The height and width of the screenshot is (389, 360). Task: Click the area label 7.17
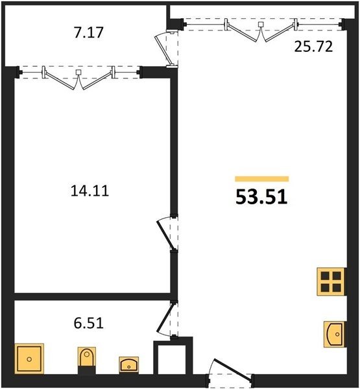click(x=88, y=32)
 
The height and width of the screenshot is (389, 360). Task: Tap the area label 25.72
click(x=313, y=47)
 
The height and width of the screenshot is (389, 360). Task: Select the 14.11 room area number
click(x=90, y=191)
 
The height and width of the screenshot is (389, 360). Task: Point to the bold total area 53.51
click(x=261, y=196)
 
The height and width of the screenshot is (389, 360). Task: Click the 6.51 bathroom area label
click(x=88, y=324)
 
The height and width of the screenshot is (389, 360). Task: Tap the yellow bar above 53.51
click(x=262, y=179)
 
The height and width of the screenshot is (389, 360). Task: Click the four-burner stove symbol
click(x=331, y=281)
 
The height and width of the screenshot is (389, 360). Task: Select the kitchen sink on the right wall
click(x=334, y=334)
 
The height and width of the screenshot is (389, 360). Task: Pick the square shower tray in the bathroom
click(x=29, y=359)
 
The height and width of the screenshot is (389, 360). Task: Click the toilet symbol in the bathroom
click(x=87, y=357)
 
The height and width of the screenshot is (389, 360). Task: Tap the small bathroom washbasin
click(x=128, y=364)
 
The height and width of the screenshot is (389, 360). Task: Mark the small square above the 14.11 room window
click(x=78, y=72)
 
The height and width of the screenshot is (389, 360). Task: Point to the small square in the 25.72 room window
click(x=261, y=24)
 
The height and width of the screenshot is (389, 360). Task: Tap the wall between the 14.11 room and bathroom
click(x=92, y=297)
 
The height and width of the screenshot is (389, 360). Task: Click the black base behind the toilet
click(x=87, y=370)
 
